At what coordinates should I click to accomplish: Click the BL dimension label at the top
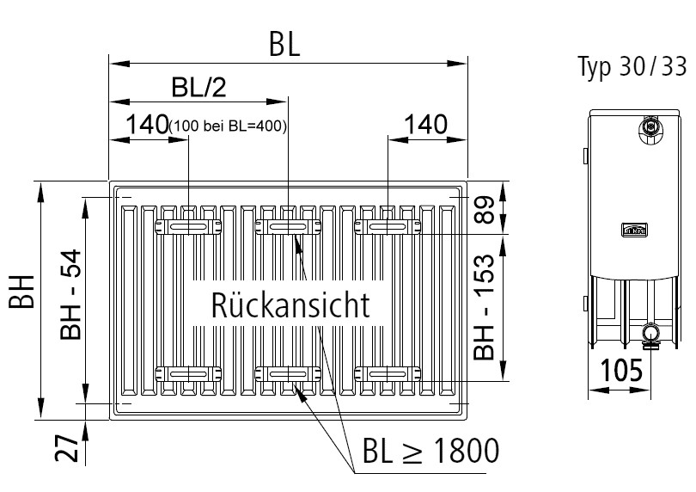point(285,46)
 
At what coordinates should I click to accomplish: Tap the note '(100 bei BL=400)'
point(228,126)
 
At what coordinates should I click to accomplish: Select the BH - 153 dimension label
point(485,306)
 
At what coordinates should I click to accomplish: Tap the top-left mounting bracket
point(187,225)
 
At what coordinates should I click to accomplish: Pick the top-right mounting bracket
point(388,225)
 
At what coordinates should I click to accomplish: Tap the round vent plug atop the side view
point(650,127)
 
